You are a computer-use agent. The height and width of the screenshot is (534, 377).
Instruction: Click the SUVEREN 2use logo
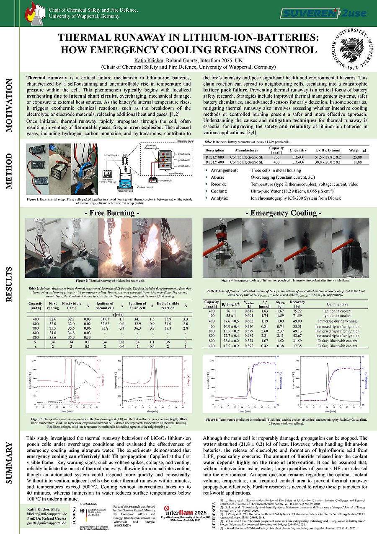323,13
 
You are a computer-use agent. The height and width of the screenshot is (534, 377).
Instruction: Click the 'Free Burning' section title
112,214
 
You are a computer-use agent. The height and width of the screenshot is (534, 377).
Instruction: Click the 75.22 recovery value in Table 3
297,311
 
